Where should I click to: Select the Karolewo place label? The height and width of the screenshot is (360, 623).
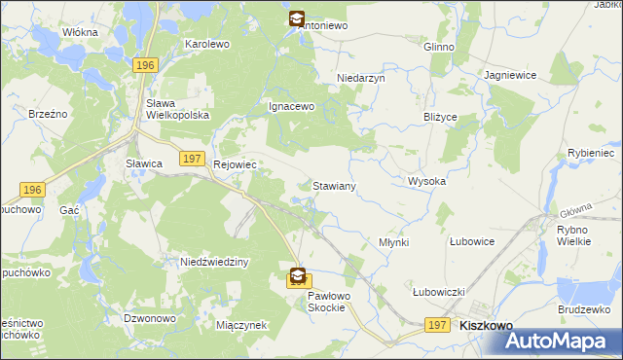(x=206, y=45)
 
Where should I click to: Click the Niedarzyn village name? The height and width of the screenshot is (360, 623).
(x=361, y=78)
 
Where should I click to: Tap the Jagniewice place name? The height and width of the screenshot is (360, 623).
(x=510, y=75)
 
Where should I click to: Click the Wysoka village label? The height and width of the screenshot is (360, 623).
(x=426, y=182)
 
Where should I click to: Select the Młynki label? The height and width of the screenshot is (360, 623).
(x=393, y=241)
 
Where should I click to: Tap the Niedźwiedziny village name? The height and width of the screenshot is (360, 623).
(x=215, y=263)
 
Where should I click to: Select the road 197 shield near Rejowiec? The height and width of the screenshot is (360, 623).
(x=192, y=159)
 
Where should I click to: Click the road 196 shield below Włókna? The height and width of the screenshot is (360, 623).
(x=144, y=64)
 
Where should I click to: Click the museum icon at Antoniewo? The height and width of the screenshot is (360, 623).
(x=296, y=18)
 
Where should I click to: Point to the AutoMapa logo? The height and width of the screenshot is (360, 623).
(x=560, y=342)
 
